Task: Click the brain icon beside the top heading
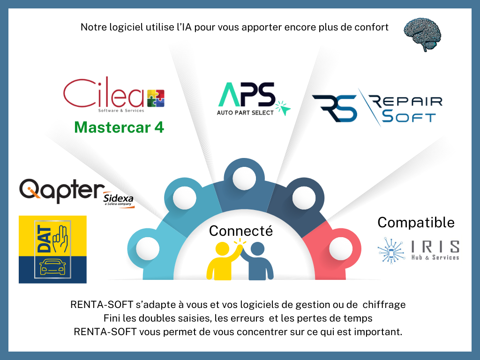point(422,34)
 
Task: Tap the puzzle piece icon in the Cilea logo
point(156,98)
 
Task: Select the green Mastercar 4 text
point(119,127)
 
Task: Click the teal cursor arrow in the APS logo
point(283,108)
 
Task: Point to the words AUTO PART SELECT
point(245,112)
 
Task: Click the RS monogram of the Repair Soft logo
point(335,108)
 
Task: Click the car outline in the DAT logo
point(52,267)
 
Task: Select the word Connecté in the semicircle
point(241,231)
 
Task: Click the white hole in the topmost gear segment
point(244,178)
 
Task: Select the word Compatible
point(416,223)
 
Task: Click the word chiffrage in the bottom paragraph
point(384,305)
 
